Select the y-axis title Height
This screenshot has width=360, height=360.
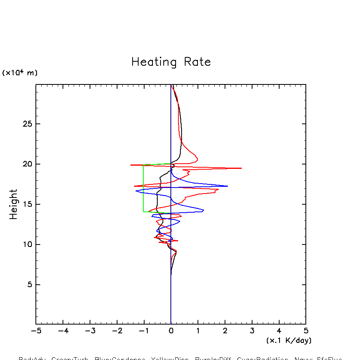point(14,204)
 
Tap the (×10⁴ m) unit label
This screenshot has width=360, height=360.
point(20,73)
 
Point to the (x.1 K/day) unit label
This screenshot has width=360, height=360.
point(289,340)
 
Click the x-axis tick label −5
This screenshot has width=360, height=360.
point(36,331)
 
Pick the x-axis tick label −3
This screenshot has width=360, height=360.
point(90,331)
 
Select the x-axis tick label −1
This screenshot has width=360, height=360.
point(144,331)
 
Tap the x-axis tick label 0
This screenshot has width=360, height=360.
point(171,331)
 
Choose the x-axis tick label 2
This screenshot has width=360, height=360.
point(225,331)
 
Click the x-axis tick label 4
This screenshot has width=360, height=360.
point(279,331)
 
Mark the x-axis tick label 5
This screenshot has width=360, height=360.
point(306,331)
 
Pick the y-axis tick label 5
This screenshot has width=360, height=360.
point(28,285)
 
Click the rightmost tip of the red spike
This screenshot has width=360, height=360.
point(241,168)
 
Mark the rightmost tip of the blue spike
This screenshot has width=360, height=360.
point(227,186)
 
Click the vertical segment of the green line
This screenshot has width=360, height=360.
point(144,188)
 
